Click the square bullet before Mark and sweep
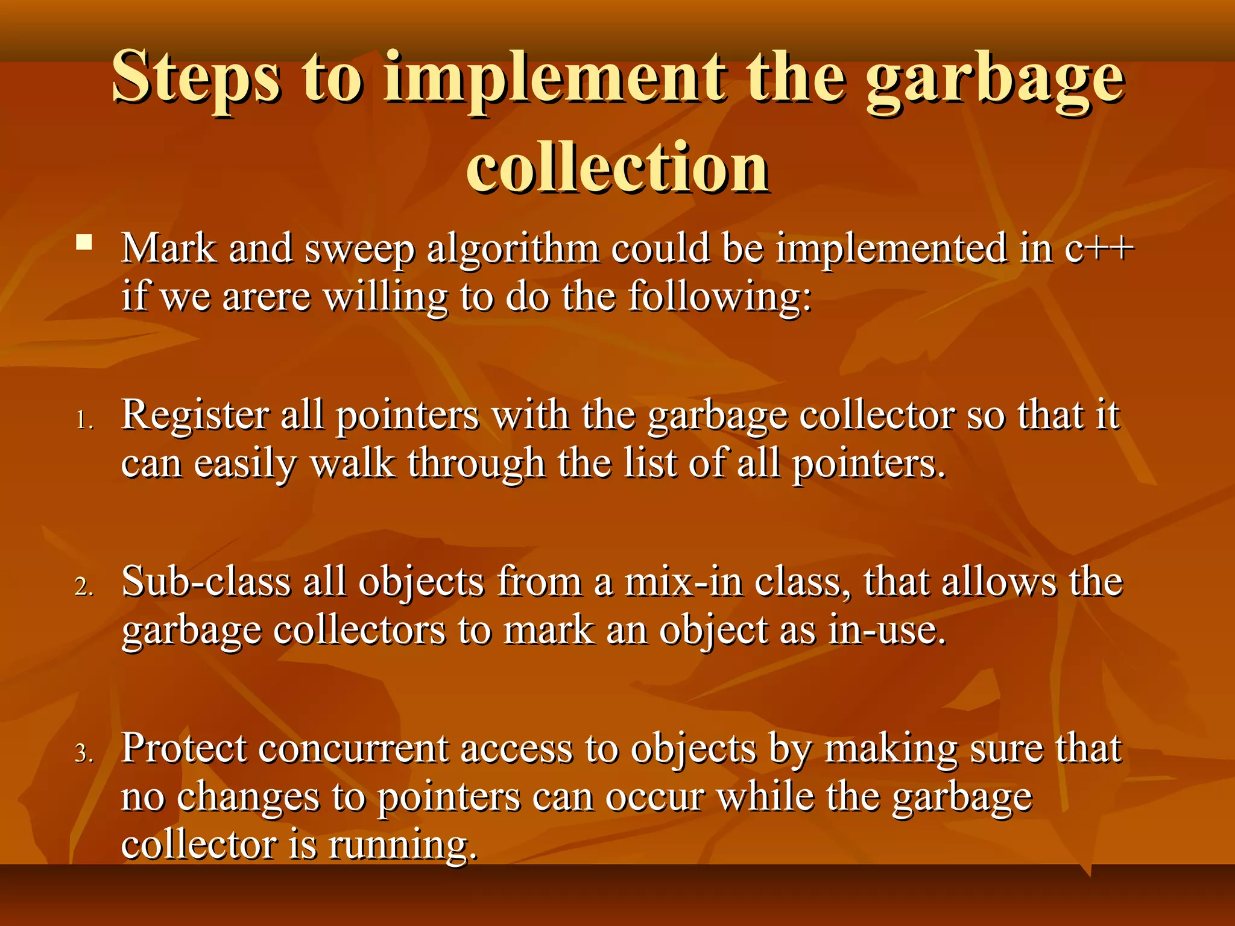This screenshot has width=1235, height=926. click(84, 243)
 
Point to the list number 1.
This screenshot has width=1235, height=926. click(84, 420)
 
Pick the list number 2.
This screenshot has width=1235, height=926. click(84, 586)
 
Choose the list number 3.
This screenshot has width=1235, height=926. click(84, 753)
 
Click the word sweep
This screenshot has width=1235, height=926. click(360, 249)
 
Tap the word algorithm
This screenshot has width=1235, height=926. click(513, 249)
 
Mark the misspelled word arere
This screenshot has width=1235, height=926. click(267, 297)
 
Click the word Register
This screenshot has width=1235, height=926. click(195, 416)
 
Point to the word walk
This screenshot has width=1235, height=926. click(353, 464)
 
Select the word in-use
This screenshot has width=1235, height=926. click(886, 631)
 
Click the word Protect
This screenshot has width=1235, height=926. click(184, 749)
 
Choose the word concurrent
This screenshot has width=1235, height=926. click(353, 750)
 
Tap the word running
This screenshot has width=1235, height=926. click(403, 845)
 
